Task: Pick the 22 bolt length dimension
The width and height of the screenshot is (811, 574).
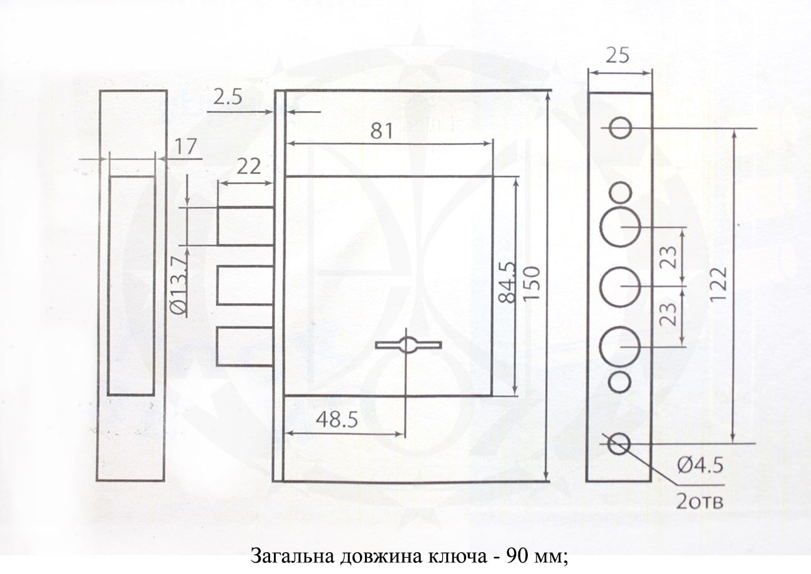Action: coord(248,167)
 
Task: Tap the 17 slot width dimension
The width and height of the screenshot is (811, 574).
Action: coord(185,147)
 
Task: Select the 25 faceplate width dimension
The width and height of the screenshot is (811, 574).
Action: coord(618,57)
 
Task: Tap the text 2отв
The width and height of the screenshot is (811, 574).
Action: coord(699,500)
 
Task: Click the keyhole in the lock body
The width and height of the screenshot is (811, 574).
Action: coord(408,345)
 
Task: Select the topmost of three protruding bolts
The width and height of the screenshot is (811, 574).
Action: coord(245,226)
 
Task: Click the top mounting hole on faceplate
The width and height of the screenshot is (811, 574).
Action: coord(620,128)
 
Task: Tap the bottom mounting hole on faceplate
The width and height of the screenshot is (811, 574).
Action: coord(619,442)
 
